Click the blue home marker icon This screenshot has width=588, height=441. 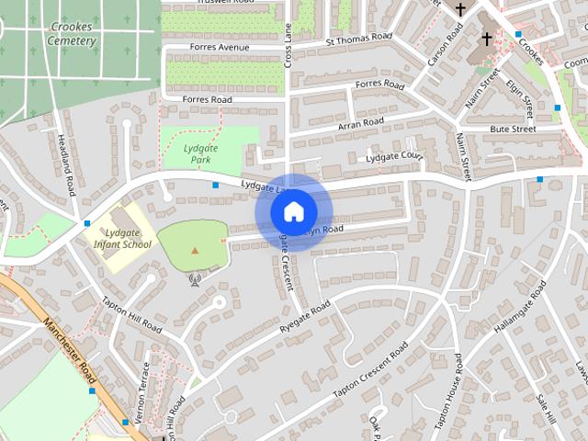(293, 212)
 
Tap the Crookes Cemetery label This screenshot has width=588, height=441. (70, 34)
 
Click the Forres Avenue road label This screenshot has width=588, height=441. (220, 47)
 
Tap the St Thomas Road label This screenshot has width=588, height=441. (357, 40)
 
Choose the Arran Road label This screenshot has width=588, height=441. (361, 122)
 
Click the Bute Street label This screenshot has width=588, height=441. (513, 130)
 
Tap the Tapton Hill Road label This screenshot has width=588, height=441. (131, 315)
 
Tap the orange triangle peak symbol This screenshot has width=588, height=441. (194, 250)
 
